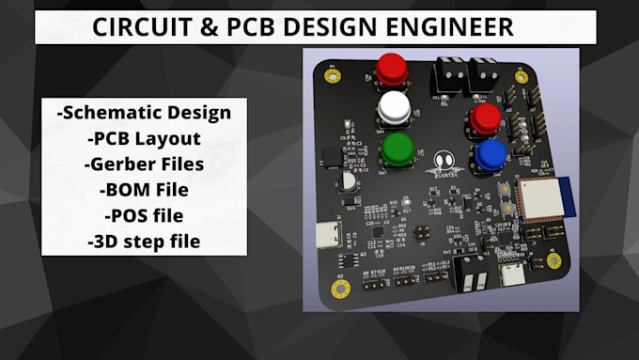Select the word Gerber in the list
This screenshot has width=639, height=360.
click(117, 164)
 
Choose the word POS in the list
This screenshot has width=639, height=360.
click(124, 215)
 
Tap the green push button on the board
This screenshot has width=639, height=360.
click(398, 148)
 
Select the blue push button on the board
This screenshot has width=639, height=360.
click(490, 153)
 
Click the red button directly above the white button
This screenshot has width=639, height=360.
click(392, 68)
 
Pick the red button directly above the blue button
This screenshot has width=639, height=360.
click(485, 117)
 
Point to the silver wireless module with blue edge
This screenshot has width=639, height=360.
click(538, 198)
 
